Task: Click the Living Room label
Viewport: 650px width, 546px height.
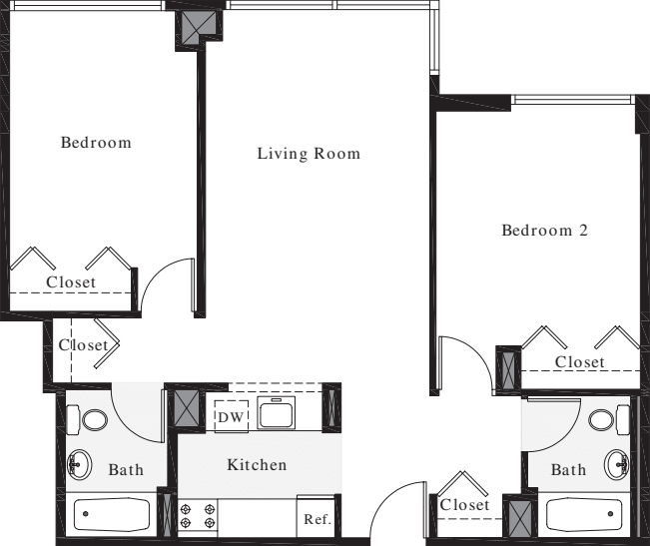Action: pyautogui.click(x=309, y=154)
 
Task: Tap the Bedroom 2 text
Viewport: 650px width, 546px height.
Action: pyautogui.click(x=544, y=231)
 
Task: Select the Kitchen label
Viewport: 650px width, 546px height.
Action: pyautogui.click(x=257, y=464)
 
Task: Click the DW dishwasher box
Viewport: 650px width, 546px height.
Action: pyautogui.click(x=231, y=415)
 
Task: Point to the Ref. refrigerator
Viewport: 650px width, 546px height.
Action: pyautogui.click(x=317, y=519)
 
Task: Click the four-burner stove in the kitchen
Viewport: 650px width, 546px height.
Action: pyautogui.click(x=198, y=516)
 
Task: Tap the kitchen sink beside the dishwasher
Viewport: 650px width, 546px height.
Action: pyautogui.click(x=275, y=412)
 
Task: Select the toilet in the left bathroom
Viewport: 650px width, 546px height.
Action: pyautogui.click(x=94, y=418)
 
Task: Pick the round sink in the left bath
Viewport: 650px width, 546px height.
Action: pyautogui.click(x=79, y=464)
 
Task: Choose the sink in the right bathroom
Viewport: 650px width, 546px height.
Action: pyautogui.click(x=617, y=463)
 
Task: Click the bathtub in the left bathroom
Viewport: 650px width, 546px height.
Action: pyautogui.click(x=111, y=516)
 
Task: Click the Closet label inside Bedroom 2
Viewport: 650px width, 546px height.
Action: pyautogui.click(x=580, y=361)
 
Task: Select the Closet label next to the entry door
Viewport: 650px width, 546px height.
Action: pyautogui.click(x=464, y=505)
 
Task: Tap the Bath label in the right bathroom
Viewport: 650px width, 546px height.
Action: pyautogui.click(x=569, y=469)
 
